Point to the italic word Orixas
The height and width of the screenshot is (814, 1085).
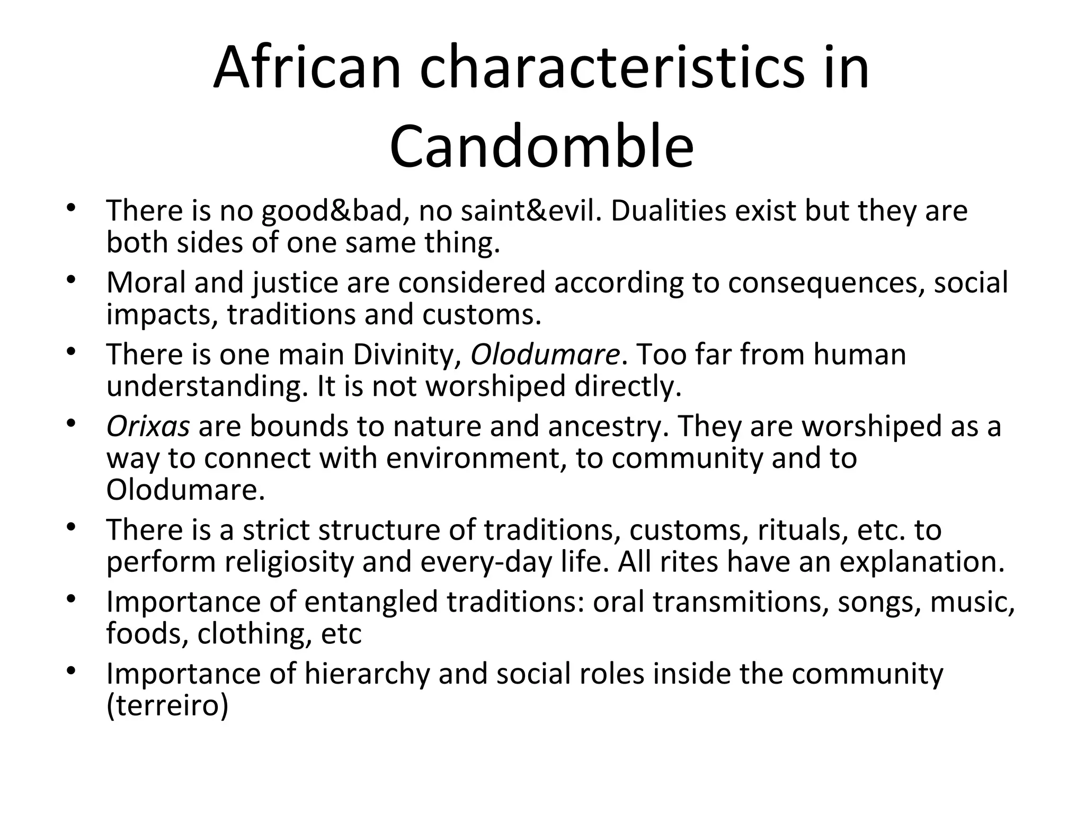pyautogui.click(x=148, y=426)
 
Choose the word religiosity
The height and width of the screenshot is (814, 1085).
pyautogui.click(x=289, y=562)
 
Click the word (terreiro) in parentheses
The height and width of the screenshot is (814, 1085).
pyautogui.click(x=167, y=705)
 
